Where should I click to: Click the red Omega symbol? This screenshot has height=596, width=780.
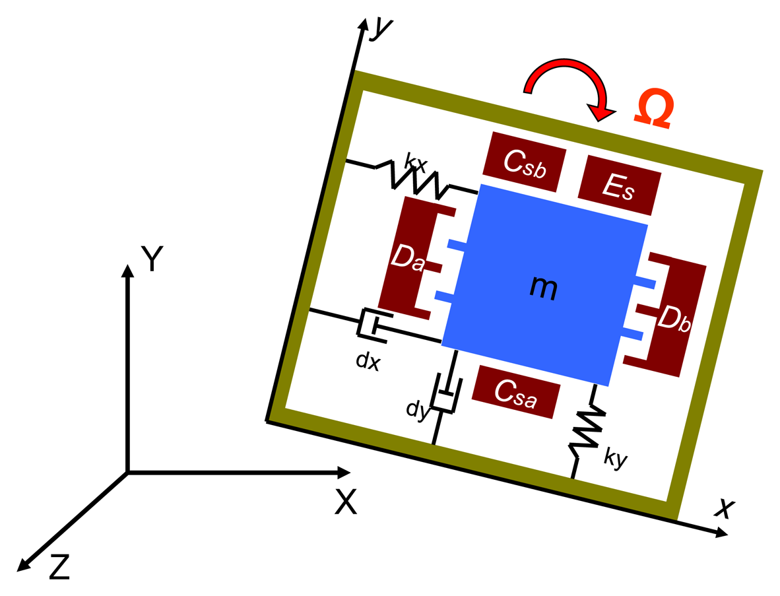point(654,110)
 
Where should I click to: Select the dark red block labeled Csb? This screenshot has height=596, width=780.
point(524,162)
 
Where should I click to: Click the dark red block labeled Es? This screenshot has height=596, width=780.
point(619,187)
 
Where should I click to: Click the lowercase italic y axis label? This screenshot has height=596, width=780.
point(382,28)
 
